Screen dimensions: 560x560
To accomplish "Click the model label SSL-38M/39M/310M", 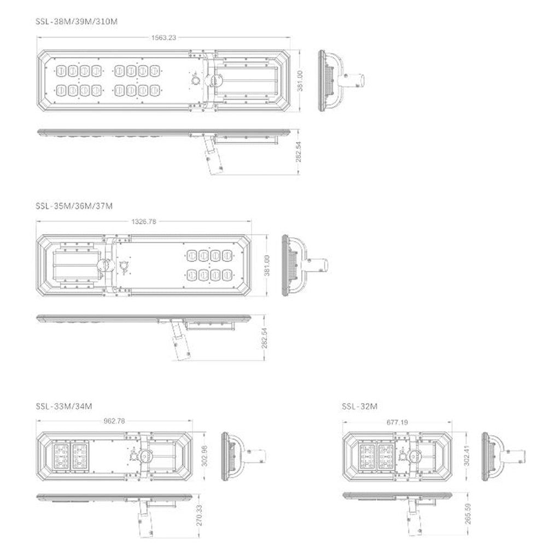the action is click(77, 21).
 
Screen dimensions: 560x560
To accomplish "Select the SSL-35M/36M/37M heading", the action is click(74, 206).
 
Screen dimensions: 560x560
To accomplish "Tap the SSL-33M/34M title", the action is click(64, 406).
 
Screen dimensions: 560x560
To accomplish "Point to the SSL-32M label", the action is click(360, 406).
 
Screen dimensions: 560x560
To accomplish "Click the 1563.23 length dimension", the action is click(164, 38).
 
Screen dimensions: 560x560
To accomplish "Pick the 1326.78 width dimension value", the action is click(144, 221).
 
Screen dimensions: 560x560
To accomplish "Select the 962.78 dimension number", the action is click(114, 421).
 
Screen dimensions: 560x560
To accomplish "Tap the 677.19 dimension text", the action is click(397, 423).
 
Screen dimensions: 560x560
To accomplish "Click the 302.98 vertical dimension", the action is click(205, 456).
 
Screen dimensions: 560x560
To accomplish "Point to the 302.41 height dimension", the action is click(467, 456).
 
